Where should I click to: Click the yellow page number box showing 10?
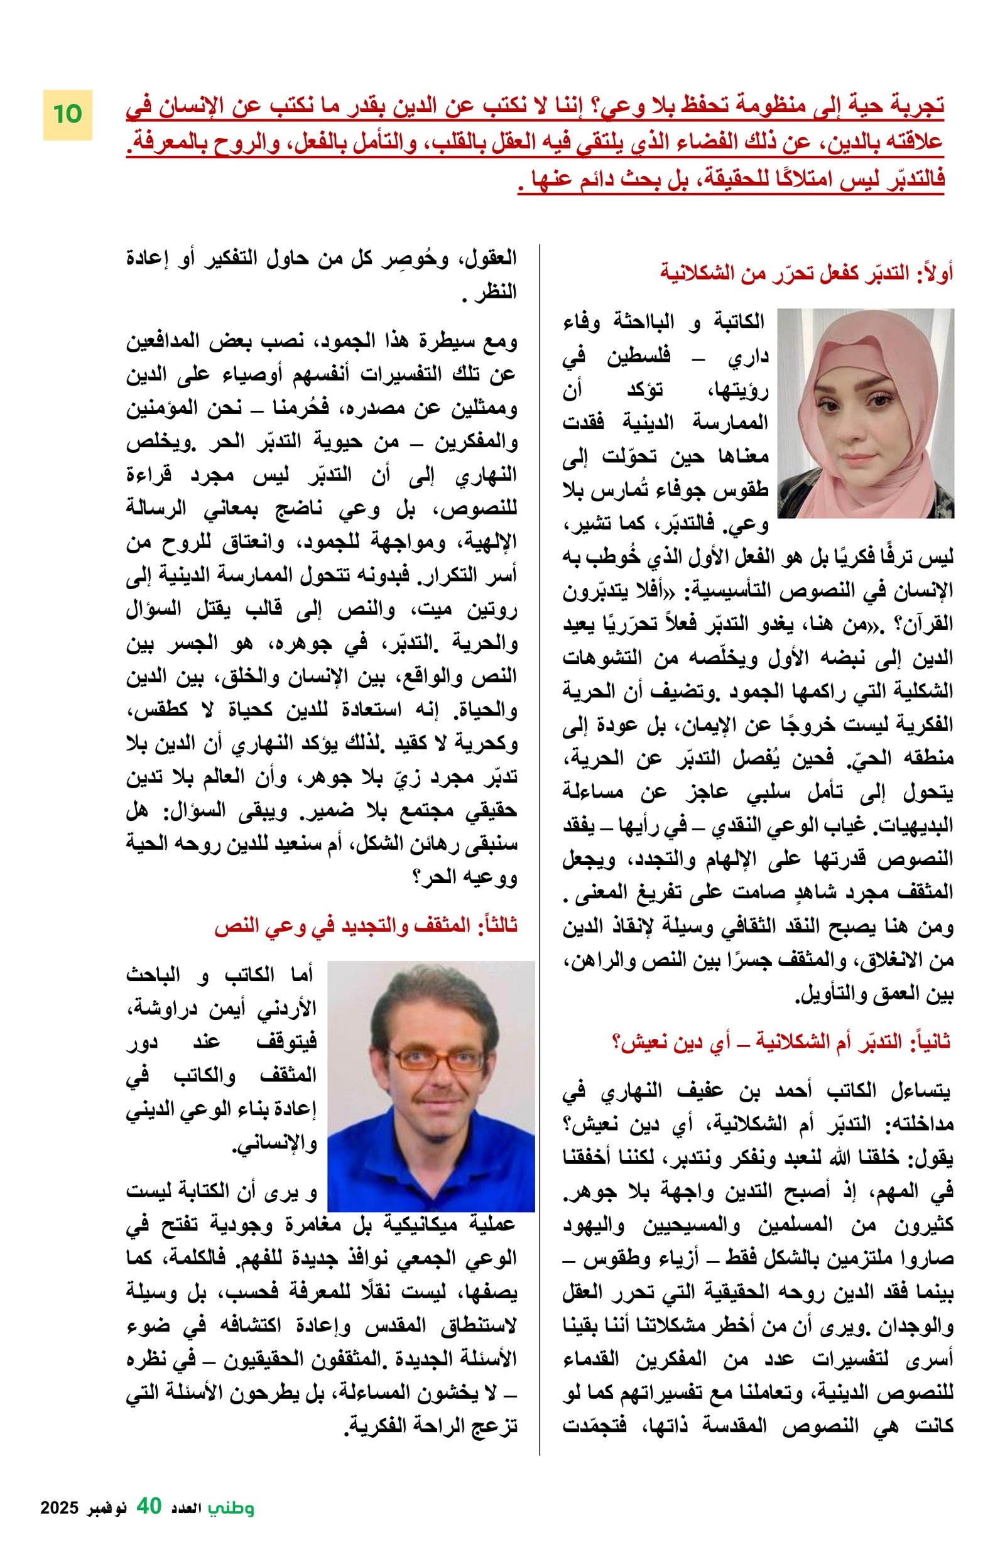point(67,114)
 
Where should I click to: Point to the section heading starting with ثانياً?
point(780,1041)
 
